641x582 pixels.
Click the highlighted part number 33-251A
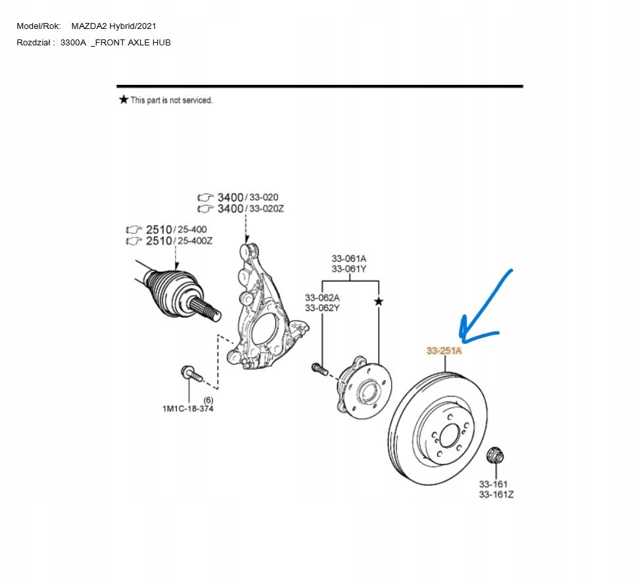pyautogui.click(x=444, y=351)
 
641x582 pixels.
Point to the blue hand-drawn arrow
pyautogui.click(x=483, y=311)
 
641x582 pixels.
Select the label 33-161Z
pyautogui.click(x=496, y=495)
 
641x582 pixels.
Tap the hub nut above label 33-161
pyautogui.click(x=495, y=455)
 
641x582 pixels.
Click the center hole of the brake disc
pyautogui.click(x=450, y=435)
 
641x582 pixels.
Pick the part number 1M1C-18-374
pyautogui.click(x=188, y=408)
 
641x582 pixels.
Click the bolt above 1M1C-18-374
pyautogui.click(x=191, y=374)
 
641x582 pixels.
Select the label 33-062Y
pyautogui.click(x=322, y=308)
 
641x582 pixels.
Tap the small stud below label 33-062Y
pyautogui.click(x=320, y=368)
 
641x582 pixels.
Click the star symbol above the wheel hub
pyautogui.click(x=379, y=302)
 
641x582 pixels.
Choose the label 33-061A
pyautogui.click(x=348, y=258)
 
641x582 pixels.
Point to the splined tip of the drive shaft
pyautogui.click(x=206, y=309)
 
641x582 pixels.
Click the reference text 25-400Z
pyautogui.click(x=195, y=241)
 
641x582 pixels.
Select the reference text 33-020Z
pyautogui.click(x=266, y=208)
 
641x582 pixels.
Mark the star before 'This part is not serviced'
pyautogui.click(x=124, y=99)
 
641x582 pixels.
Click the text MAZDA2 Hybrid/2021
pyautogui.click(x=114, y=26)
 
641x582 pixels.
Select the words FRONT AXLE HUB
pyautogui.click(x=133, y=43)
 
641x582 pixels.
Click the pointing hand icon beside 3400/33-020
pyautogui.click(x=205, y=197)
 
